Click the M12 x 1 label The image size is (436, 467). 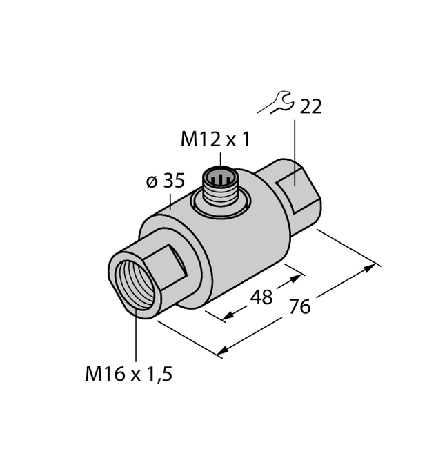(215, 140)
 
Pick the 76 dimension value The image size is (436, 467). (298, 306)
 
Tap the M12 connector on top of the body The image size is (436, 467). (220, 184)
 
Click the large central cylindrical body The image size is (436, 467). (235, 241)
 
